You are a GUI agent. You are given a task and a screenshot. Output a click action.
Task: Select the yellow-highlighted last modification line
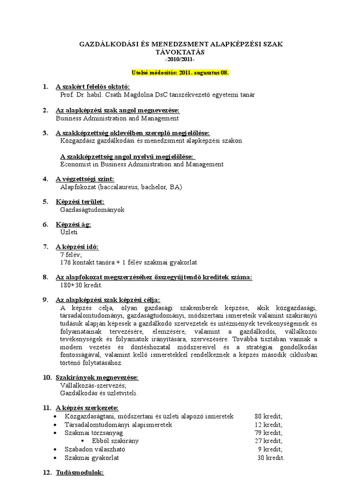(x=180, y=74)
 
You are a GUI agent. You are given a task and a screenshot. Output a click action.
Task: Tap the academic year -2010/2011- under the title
(x=180, y=60)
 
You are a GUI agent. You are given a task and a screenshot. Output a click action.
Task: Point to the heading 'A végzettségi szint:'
(x=84, y=179)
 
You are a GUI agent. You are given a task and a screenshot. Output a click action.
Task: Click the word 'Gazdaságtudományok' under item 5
(x=92, y=210)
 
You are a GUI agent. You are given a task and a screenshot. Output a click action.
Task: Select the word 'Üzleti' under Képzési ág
(x=68, y=232)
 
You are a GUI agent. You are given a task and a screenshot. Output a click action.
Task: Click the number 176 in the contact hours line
(x=66, y=262)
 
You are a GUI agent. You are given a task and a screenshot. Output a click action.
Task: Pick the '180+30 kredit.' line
(x=81, y=285)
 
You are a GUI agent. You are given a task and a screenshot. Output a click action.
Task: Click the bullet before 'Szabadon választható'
(x=56, y=450)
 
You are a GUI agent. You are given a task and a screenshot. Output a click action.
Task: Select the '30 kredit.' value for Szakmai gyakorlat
(x=270, y=458)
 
